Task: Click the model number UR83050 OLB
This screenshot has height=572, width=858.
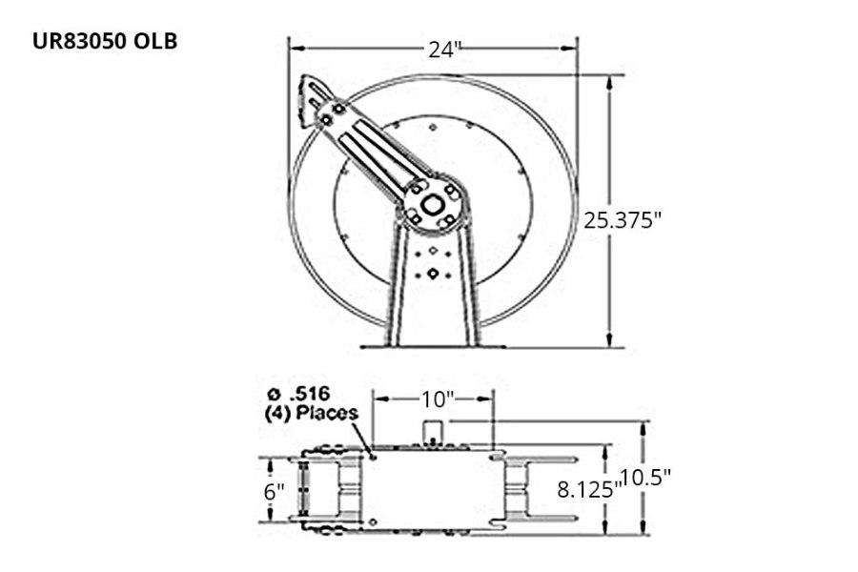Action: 105,42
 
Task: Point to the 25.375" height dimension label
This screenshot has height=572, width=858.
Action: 623,220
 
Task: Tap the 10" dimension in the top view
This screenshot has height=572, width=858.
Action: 434,395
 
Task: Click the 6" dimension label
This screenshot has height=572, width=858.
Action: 275,492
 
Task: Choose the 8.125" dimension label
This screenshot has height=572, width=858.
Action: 587,490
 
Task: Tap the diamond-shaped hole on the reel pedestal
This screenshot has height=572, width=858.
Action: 433,274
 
